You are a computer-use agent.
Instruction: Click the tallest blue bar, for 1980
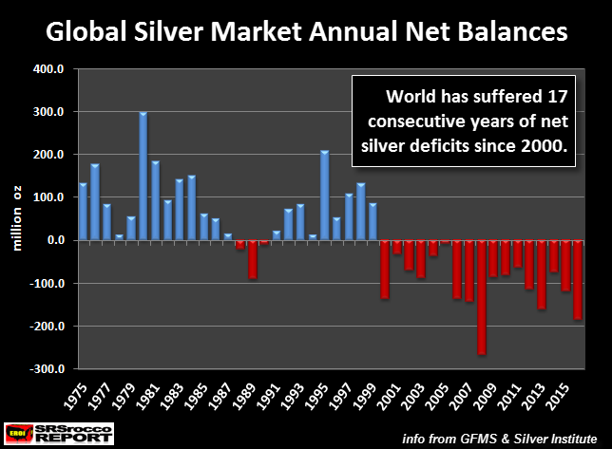[x=143, y=177]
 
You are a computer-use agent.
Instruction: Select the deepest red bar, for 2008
[x=483, y=297]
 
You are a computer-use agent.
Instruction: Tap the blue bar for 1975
[x=83, y=212]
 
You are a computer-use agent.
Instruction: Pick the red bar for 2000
[x=385, y=270]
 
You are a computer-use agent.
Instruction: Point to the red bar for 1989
[x=253, y=259]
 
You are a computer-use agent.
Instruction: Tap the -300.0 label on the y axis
[x=48, y=369]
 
